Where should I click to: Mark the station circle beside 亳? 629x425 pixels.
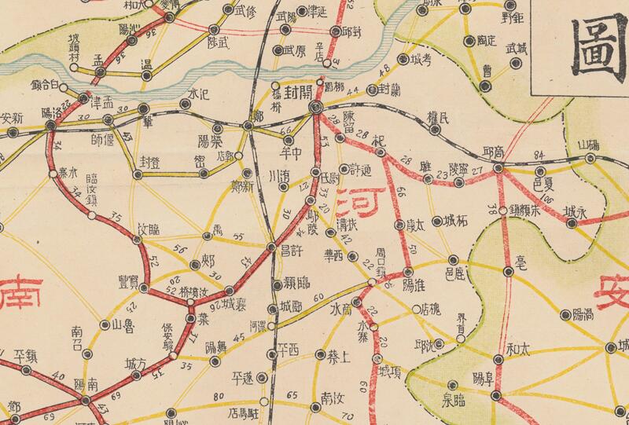click(x=506, y=273)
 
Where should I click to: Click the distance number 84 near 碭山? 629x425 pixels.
click(x=539, y=154)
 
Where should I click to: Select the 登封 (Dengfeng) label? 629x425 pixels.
click(x=149, y=161)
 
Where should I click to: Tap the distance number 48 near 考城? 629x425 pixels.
click(x=384, y=73)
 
